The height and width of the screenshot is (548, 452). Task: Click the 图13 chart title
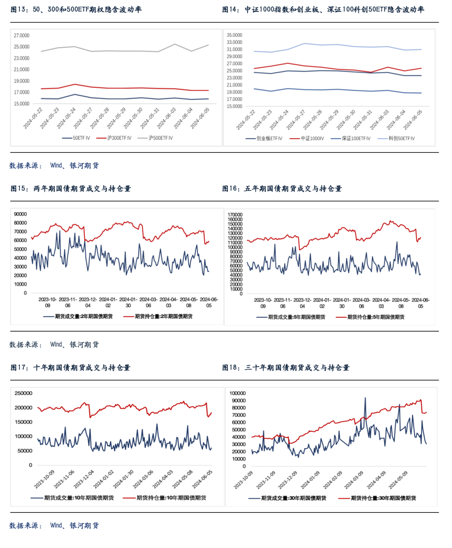pos(76,10)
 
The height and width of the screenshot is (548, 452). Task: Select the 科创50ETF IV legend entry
pos(396,138)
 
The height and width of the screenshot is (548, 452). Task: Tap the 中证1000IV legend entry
pos(307,138)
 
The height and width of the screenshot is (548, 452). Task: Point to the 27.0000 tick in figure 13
pos(21,36)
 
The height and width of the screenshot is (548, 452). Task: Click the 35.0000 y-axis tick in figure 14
pos(234,35)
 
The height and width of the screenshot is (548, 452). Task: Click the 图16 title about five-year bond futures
pos(282,188)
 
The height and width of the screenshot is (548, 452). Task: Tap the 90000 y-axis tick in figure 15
pos(20,214)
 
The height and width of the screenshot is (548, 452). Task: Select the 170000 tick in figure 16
pos(235,215)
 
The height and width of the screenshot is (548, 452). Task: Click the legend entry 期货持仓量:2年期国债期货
pos(158,316)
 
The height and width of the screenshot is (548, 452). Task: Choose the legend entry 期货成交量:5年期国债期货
pos(291,317)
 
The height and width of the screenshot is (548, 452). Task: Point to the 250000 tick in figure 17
pos(23,393)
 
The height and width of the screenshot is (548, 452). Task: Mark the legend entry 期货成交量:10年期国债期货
pos(72,498)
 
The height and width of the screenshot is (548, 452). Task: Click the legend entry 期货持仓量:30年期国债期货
pos(377,498)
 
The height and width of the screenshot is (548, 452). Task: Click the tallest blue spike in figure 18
pos(365,398)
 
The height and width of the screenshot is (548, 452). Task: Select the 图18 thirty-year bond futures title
pos(286,368)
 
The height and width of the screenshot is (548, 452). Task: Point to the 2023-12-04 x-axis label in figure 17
pos(84,479)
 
